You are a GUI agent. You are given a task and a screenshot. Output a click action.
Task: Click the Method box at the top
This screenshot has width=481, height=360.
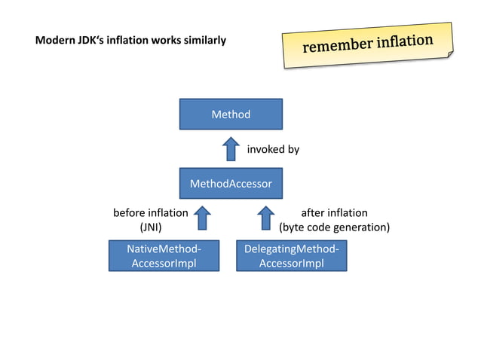coord(231,114)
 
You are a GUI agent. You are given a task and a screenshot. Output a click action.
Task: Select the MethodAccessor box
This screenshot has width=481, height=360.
coord(231,183)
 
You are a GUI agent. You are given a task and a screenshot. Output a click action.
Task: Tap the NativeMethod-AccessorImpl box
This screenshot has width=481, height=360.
coord(164,256)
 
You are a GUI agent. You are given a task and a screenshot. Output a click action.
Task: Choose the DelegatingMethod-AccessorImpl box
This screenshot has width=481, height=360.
coord(291,256)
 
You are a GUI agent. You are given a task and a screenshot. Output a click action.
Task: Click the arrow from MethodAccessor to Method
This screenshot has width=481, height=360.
coord(231,148)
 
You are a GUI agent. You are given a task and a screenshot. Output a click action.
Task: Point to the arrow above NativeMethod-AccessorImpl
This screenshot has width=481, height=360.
coord(202,218)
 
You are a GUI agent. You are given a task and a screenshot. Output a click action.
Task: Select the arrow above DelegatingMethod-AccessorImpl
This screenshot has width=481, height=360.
coord(265,218)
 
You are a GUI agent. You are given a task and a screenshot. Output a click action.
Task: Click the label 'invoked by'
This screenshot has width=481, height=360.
coord(273,149)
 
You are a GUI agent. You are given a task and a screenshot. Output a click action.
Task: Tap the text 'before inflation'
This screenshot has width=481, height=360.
coord(150,212)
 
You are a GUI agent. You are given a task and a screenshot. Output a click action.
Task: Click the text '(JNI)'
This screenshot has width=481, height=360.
coord(151,227)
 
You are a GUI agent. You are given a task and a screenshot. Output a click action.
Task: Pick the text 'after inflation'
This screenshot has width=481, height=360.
coord(334,212)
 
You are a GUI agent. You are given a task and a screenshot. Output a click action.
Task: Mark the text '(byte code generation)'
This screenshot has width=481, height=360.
coord(334,227)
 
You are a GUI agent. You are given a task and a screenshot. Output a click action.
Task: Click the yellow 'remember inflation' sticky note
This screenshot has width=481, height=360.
coord(368,45)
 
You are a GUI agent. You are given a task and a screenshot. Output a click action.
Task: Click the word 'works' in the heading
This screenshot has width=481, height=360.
coord(166,40)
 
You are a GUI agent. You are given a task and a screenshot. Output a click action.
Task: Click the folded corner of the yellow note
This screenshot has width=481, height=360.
coord(449,56)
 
